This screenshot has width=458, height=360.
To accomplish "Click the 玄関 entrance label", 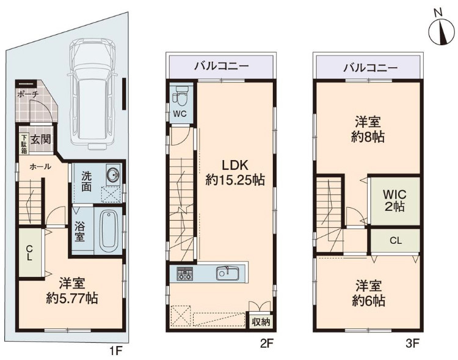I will coord(41,139).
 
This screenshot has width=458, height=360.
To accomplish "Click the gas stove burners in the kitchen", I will coord(185,274).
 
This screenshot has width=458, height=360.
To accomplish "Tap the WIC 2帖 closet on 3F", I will coord(394,200).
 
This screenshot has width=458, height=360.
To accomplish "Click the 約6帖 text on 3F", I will coord(368,301).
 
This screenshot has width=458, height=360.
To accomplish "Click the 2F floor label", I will coord(265,344).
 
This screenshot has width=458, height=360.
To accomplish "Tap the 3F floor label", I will coord(413,344).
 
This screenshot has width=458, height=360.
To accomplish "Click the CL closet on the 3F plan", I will coord(396,240).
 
